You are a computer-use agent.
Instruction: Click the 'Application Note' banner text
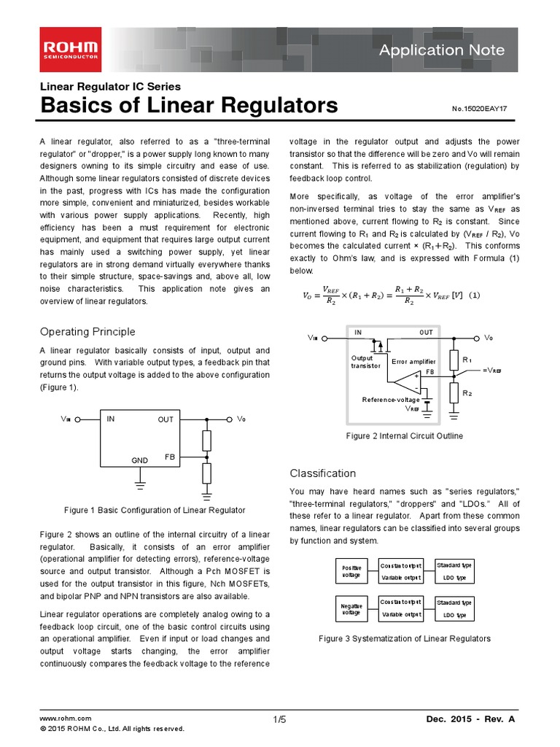[x=452, y=50]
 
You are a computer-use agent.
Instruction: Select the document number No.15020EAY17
[x=479, y=109]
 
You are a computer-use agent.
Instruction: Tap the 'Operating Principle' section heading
[x=87, y=332]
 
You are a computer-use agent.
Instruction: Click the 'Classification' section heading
[x=323, y=473]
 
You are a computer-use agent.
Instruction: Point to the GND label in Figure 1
[x=139, y=461]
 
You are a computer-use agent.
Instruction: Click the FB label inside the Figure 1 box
[x=170, y=457]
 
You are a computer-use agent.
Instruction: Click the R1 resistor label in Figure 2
[x=467, y=360]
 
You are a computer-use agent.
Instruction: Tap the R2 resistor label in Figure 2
[x=467, y=393]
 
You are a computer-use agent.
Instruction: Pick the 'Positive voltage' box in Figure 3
[x=351, y=571]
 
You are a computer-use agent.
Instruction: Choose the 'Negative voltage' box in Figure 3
[x=351, y=608]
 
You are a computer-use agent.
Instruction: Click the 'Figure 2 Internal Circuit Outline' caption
[x=404, y=436]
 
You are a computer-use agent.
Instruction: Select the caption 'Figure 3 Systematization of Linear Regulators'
[x=405, y=639]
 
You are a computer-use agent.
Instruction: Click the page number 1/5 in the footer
[x=279, y=720]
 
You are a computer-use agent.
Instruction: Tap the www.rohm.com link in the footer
[x=66, y=719]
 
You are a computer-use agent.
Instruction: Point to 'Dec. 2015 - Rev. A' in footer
[x=470, y=720]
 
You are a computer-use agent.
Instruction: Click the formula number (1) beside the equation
[x=474, y=295]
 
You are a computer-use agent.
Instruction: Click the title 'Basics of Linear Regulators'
[x=189, y=106]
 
